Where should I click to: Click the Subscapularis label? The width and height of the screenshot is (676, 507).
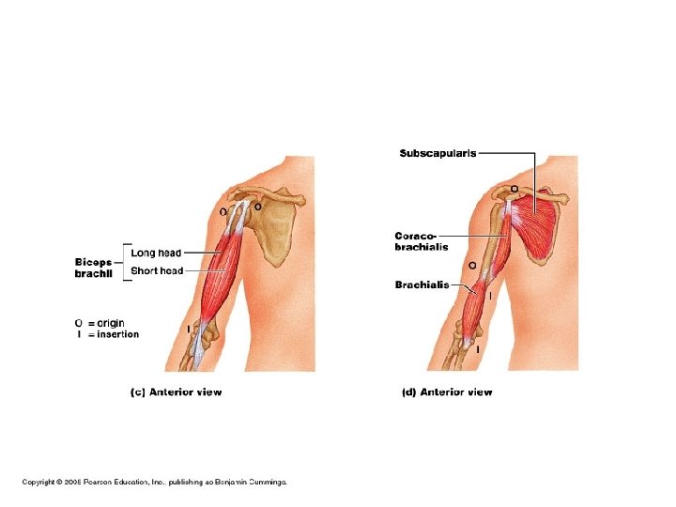(x=438, y=153)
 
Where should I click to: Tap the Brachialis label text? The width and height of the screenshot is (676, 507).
(x=422, y=285)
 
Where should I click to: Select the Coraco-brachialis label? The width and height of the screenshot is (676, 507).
(x=421, y=240)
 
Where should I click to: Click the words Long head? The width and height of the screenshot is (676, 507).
(x=156, y=253)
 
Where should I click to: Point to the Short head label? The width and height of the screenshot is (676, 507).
(x=157, y=271)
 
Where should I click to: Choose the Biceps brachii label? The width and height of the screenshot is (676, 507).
(x=93, y=268)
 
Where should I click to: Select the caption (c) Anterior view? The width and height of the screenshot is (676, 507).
(x=176, y=392)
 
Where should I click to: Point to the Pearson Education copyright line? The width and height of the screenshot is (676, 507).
(x=155, y=483)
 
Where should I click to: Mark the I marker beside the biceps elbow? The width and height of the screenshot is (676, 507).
(x=189, y=328)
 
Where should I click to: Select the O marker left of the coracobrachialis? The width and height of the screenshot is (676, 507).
(x=471, y=266)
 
